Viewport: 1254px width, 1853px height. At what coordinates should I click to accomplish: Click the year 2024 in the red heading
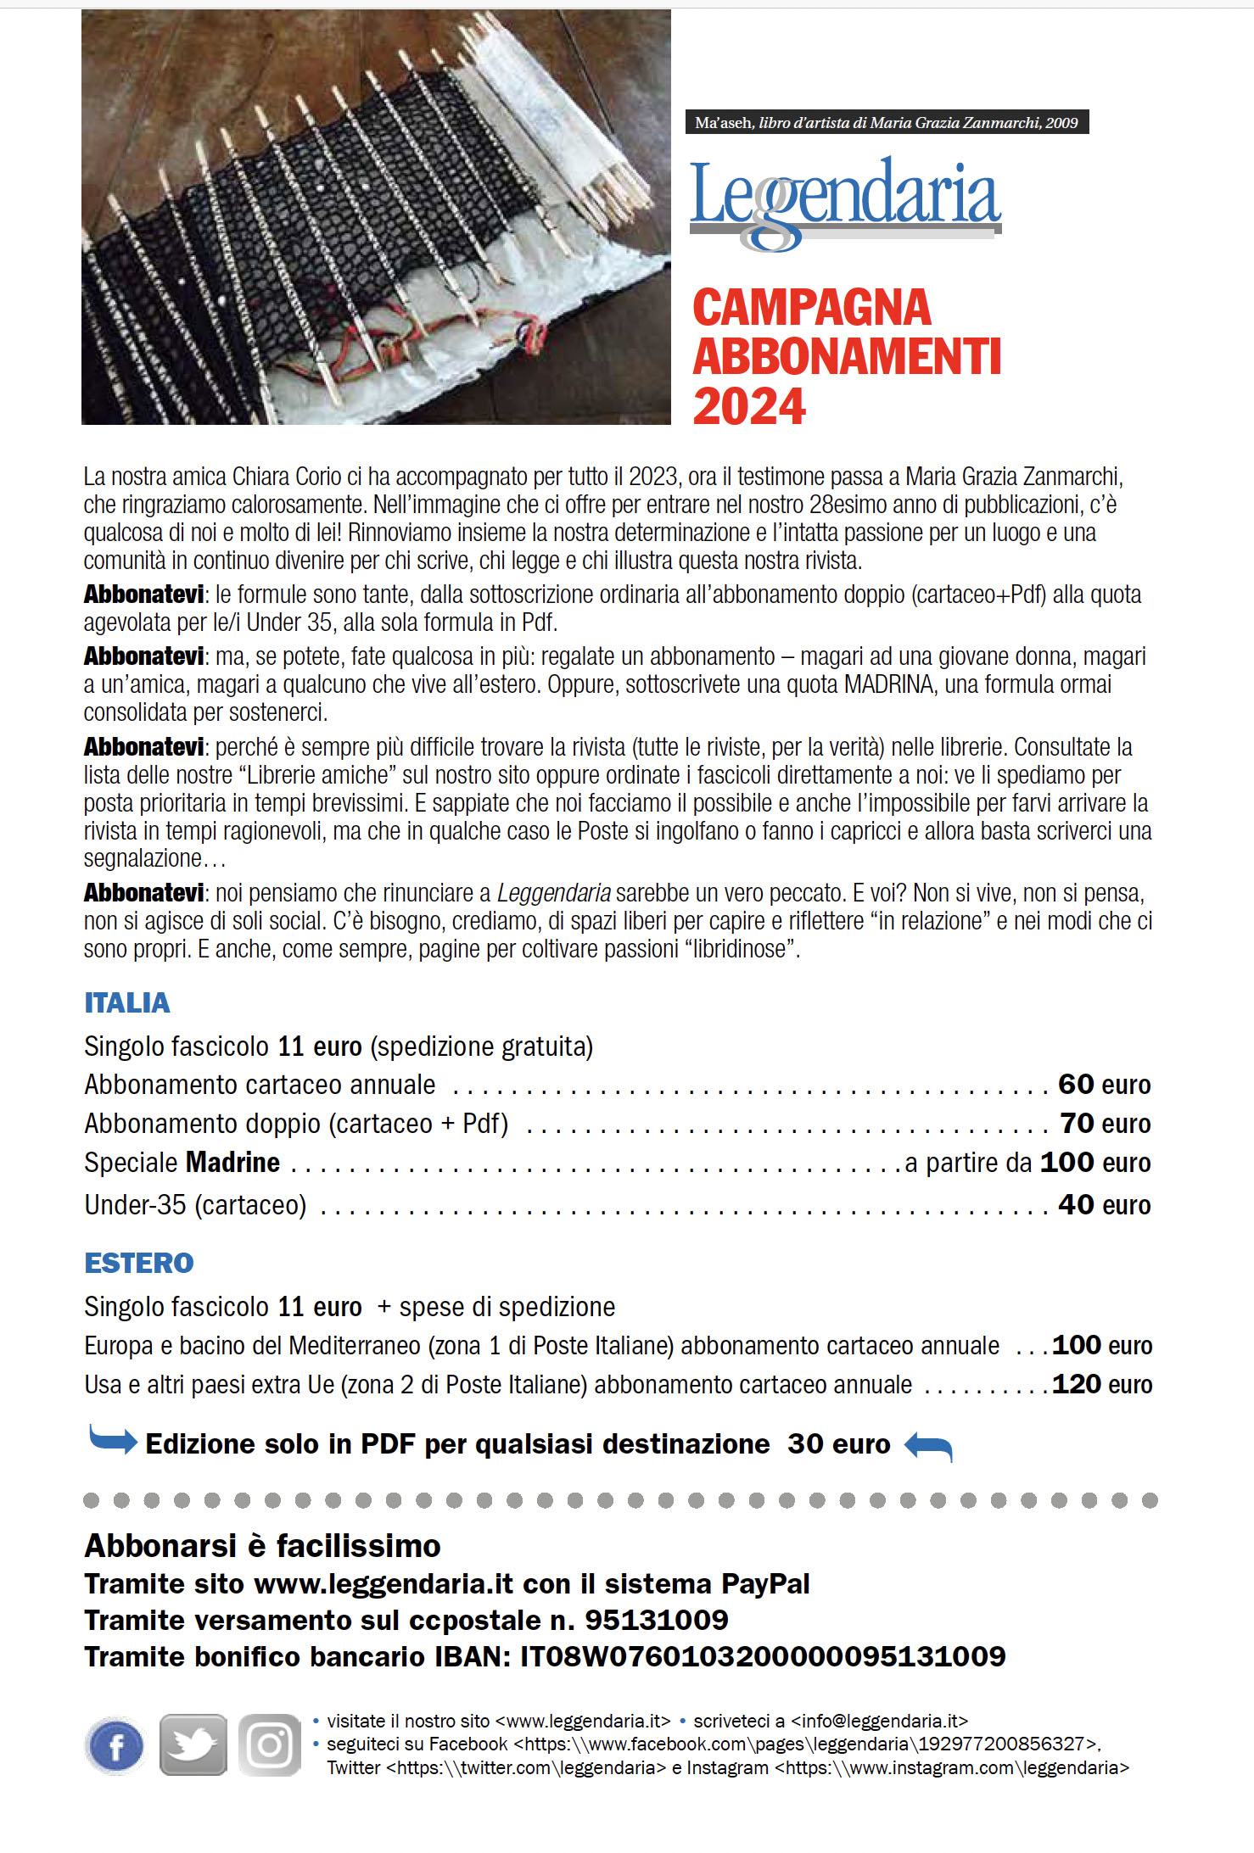click(x=749, y=407)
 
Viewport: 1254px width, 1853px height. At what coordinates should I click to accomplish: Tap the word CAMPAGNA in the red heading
click(x=812, y=308)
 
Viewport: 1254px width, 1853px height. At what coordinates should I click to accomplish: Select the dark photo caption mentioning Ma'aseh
click(x=886, y=122)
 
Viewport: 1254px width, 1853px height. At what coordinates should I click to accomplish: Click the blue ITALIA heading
click(x=127, y=1002)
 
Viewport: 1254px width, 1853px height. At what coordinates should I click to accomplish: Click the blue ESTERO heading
click(x=139, y=1263)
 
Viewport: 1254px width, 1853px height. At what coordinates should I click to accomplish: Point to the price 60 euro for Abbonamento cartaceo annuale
click(x=1104, y=1085)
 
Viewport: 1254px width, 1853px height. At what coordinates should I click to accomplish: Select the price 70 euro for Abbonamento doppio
click(x=1105, y=1124)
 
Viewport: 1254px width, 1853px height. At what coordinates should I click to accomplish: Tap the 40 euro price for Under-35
click(x=1104, y=1205)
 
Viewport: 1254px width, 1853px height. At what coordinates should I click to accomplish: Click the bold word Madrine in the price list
click(x=233, y=1163)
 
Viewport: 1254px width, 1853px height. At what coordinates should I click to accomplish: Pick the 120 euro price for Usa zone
click(x=1101, y=1385)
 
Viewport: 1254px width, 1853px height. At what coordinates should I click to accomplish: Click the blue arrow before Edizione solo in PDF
click(x=113, y=1440)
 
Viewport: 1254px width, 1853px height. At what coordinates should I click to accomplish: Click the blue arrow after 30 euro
click(x=928, y=1445)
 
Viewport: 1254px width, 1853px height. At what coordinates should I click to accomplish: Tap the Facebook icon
click(x=115, y=1745)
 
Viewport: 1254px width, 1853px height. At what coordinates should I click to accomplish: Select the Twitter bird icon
click(x=193, y=1745)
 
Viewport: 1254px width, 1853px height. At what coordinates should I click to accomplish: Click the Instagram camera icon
click(x=270, y=1745)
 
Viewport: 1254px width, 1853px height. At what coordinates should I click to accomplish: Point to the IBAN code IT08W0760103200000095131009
click(x=763, y=1656)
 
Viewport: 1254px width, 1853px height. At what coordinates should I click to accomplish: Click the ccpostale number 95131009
click(x=656, y=1620)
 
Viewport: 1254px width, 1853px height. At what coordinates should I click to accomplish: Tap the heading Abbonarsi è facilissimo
click(x=262, y=1546)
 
